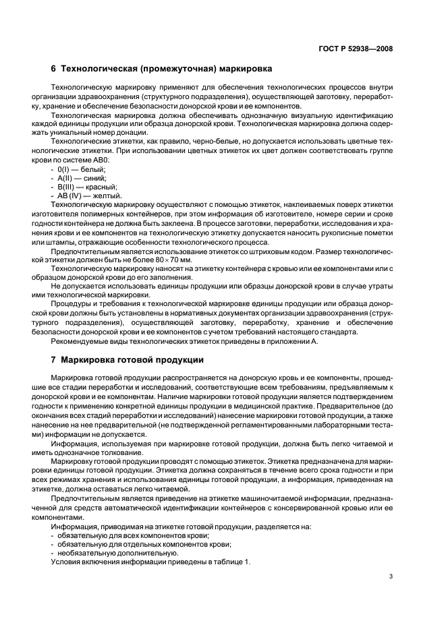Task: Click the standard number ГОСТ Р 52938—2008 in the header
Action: (356, 49)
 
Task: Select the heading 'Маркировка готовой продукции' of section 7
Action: (128, 360)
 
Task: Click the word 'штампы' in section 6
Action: (69, 241)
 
